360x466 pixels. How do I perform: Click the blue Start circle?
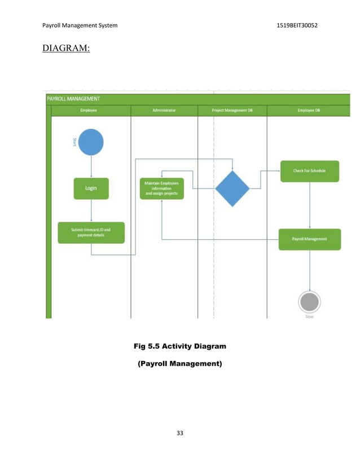pyautogui.click(x=91, y=142)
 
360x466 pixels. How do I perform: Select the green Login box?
pyautogui.click(x=91, y=188)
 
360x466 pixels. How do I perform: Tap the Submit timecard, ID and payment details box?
pyautogui.click(x=91, y=232)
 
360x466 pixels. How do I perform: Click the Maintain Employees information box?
pyautogui.click(x=161, y=188)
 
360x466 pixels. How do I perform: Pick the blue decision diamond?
pyautogui.click(x=232, y=188)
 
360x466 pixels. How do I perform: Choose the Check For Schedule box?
pyautogui.click(x=309, y=171)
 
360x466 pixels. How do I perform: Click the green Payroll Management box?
pyautogui.click(x=309, y=239)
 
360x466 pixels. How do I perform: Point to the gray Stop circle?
pyautogui.click(x=309, y=302)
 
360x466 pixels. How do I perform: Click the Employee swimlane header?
pyautogui.click(x=91, y=111)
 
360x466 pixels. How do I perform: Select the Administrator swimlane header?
pyautogui.click(x=164, y=111)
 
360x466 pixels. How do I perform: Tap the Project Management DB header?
pyautogui.click(x=232, y=111)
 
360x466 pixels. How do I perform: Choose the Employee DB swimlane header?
pyautogui.click(x=309, y=111)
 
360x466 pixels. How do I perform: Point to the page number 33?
pyautogui.click(x=180, y=433)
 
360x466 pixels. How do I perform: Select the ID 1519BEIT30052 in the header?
pyautogui.click(x=297, y=25)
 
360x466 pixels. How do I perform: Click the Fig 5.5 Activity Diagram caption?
pyautogui.click(x=180, y=345)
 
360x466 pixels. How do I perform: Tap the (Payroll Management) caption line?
pyautogui.click(x=180, y=364)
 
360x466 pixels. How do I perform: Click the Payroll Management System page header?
pyautogui.click(x=80, y=25)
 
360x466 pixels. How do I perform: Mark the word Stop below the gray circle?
pyautogui.click(x=309, y=316)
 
